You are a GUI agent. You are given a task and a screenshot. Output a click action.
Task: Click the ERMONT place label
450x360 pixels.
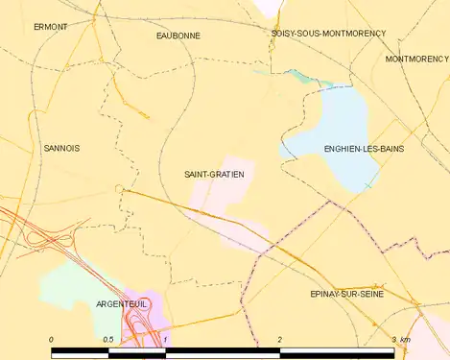pyautogui.click(x=51, y=27)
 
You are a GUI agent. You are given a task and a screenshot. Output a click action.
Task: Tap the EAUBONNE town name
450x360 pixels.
pyautogui.click(x=178, y=35)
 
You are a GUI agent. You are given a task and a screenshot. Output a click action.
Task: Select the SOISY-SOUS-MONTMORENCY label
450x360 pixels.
pyautogui.click(x=328, y=33)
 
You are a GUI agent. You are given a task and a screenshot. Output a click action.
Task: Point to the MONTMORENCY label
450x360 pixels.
pyautogui.click(x=416, y=59)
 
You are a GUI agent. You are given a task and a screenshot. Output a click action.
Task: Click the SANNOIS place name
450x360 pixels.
pyautogui.click(x=62, y=148)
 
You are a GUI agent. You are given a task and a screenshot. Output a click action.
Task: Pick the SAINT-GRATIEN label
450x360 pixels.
pyautogui.click(x=214, y=174)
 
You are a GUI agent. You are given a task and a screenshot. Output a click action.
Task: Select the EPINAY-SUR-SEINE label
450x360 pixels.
pyautogui.click(x=347, y=293)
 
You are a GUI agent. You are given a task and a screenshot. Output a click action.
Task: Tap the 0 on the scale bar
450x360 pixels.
pyautogui.click(x=51, y=340)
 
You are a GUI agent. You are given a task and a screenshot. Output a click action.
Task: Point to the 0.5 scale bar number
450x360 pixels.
pyautogui.click(x=108, y=340)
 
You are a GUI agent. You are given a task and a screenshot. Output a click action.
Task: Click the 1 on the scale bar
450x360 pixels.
pyautogui.click(x=166, y=340)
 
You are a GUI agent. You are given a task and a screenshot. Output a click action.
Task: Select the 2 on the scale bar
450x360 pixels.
pyautogui.click(x=279, y=340)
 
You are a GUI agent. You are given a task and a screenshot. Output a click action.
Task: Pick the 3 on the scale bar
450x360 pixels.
pyautogui.click(x=393, y=340)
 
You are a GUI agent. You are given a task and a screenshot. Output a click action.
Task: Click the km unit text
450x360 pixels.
pyautogui.click(x=406, y=340)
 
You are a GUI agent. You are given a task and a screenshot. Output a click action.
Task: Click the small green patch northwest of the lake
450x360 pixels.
pyautogui.click(x=296, y=75)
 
